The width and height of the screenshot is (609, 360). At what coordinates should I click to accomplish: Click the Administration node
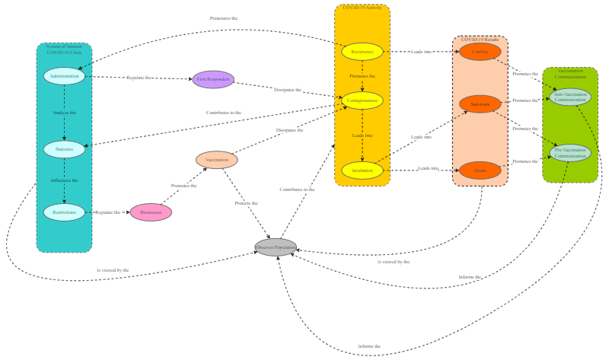pos(64,76)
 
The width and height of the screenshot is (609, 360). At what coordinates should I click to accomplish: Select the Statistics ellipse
pos(64,149)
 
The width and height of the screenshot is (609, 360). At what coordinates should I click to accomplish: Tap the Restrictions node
pos(64,212)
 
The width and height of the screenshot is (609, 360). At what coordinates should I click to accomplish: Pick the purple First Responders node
pos(213,79)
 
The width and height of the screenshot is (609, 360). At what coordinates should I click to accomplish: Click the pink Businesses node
pos(151,212)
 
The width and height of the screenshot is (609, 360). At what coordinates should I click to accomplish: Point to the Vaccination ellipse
pos(217,160)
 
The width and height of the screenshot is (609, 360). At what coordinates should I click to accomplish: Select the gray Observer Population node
pos(276,247)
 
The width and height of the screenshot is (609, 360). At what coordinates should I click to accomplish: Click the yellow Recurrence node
pos(362,52)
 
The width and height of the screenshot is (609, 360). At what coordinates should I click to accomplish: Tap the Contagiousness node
pos(362,100)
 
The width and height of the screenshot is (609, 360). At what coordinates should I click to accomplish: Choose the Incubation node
pos(362,170)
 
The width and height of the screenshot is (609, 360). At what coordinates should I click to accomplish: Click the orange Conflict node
pos(480,52)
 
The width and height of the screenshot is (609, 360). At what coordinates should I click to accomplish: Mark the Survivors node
pos(480,104)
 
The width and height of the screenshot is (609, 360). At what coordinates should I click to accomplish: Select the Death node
pos(480,170)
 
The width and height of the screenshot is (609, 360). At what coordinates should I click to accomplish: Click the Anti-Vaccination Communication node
pos(570,97)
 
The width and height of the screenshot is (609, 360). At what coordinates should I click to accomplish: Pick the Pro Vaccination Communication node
pos(570,153)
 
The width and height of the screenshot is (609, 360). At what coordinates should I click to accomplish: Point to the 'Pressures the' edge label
pos(224,18)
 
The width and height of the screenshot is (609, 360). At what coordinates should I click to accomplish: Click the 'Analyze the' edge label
pos(64,113)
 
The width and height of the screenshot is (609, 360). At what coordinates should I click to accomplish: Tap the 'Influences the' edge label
pos(64,180)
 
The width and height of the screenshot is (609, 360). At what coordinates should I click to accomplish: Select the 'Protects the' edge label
pos(246,203)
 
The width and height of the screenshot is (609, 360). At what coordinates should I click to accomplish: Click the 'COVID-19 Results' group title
pos(480,39)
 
